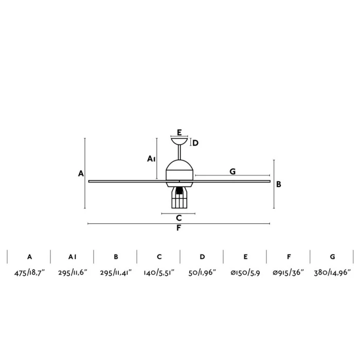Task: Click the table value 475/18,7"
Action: point(29,273)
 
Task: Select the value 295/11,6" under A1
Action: point(73,273)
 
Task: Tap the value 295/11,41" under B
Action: point(116,273)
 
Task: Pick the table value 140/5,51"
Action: point(159,273)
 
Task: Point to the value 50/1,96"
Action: point(202,273)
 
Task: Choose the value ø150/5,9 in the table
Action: point(245,273)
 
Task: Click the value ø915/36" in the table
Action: point(289,273)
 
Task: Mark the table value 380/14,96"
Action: point(332,273)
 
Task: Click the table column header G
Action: point(332,257)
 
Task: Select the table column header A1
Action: point(73,257)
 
